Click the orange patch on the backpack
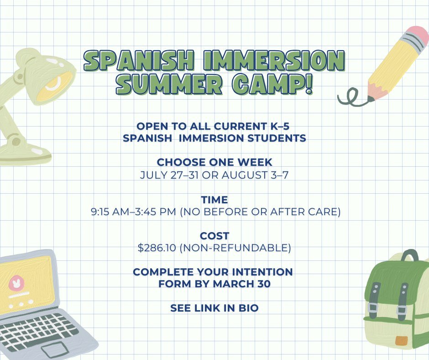pyautogui.click(x=401, y=340)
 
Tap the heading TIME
pyautogui.click(x=214, y=200)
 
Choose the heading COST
pyautogui.click(x=214, y=236)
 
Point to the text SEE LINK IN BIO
pyautogui.click(x=214, y=308)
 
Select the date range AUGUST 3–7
pyautogui.click(x=255, y=175)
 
